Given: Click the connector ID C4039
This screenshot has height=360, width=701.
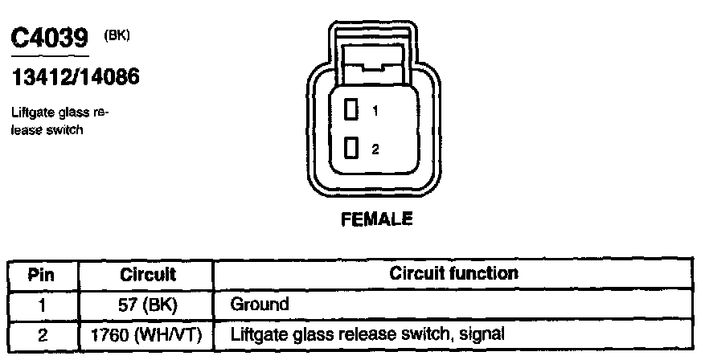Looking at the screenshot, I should coord(49,39).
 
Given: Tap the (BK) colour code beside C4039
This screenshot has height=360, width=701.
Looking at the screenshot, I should coord(117,35).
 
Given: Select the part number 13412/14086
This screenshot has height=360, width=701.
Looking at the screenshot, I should coord(76,77).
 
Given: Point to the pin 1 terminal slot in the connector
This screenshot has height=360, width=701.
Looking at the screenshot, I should coord(350,110).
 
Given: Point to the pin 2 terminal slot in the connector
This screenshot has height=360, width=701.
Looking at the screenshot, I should coord(350,148).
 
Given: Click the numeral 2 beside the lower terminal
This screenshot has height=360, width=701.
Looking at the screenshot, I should coord(375,149).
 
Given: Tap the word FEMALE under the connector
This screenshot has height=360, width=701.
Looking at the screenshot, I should coord(377,219).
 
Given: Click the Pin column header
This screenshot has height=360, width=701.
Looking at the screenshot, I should coord(42,274).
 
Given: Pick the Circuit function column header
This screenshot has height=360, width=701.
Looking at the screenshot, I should coord(453,273).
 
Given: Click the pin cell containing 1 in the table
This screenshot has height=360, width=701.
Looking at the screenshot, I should coord(42,305).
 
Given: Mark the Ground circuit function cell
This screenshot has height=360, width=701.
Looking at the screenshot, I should coord(259,305).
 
